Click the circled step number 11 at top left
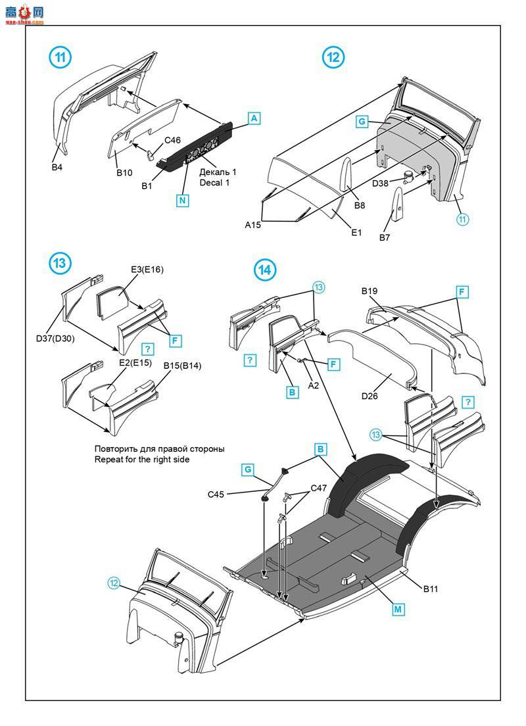point(60,57)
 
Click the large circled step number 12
point(333,57)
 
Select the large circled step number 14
point(264,270)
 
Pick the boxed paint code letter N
point(182,201)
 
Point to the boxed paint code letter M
point(398,610)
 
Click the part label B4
point(58,168)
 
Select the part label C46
point(172,141)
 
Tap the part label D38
point(380,183)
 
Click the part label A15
point(253,225)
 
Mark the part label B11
point(430,589)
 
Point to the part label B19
point(370,290)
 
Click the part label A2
point(313,385)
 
